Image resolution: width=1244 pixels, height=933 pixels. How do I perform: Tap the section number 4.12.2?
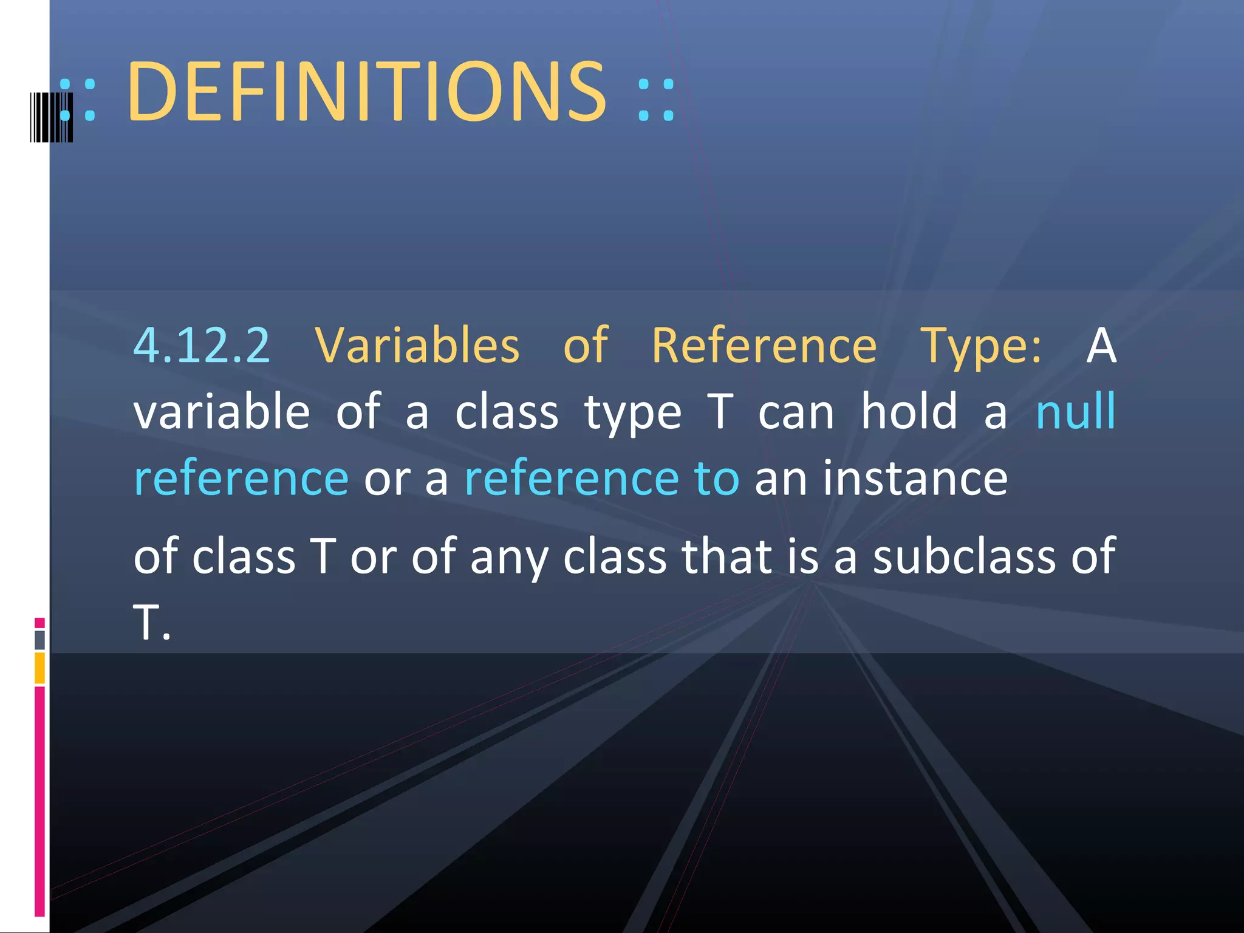(201, 346)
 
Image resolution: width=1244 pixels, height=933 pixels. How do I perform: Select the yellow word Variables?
(417, 346)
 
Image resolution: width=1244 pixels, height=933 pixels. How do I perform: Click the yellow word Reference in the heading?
(764, 346)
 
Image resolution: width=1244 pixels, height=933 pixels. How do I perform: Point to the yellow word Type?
(980, 346)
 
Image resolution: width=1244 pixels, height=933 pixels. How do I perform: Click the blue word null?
(1075, 412)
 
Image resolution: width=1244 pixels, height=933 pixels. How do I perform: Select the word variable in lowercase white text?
(222, 412)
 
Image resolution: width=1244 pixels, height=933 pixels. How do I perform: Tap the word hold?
(909, 412)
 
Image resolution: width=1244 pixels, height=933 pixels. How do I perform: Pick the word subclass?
(964, 556)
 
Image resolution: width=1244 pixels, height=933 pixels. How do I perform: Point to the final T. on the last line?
(151, 623)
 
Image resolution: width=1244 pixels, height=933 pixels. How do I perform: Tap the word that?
(726, 556)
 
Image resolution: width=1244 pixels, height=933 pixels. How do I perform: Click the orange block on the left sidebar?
(39, 668)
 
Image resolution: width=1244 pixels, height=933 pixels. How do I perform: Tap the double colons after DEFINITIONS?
(656, 100)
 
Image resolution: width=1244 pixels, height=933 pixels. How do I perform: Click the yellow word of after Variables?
(585, 346)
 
